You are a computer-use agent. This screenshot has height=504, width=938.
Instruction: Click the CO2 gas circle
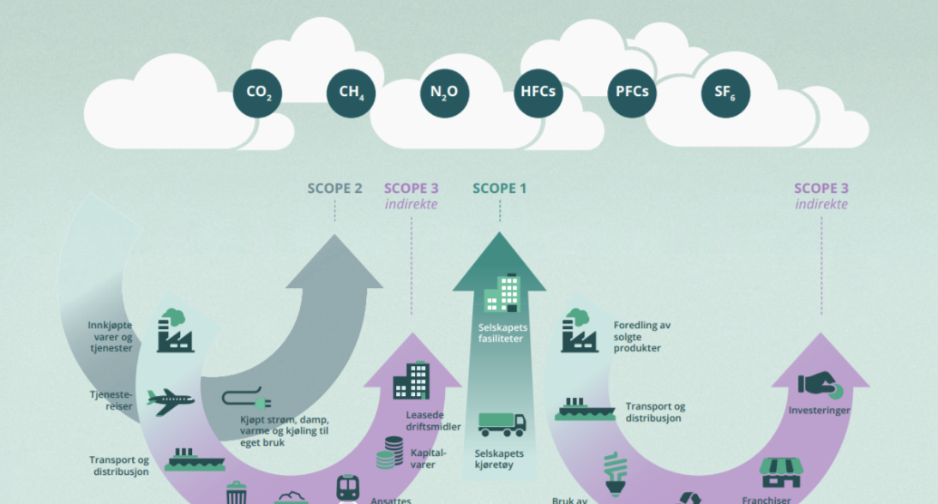pyautogui.click(x=258, y=93)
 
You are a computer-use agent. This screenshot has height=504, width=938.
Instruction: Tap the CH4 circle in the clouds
pyautogui.click(x=351, y=93)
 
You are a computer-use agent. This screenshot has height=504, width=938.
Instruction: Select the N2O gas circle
pyautogui.click(x=444, y=93)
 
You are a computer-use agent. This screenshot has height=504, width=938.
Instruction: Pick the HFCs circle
pyautogui.click(x=538, y=93)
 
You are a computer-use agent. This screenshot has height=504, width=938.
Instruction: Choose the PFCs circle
pyautogui.click(x=632, y=93)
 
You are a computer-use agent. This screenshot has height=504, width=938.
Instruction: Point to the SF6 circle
pyautogui.click(x=725, y=93)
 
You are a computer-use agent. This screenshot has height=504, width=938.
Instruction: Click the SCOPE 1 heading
pyautogui.click(x=500, y=189)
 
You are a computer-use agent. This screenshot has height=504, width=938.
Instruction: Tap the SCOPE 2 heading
pyautogui.click(x=334, y=189)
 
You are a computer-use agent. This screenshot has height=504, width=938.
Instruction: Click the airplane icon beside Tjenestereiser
pyautogui.click(x=170, y=399)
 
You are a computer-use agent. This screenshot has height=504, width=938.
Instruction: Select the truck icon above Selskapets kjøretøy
pyautogui.click(x=502, y=423)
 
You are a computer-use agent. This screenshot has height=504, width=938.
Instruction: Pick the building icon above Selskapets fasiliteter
pyautogui.click(x=502, y=293)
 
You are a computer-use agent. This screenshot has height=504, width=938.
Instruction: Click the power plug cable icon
pyautogui.click(x=246, y=399)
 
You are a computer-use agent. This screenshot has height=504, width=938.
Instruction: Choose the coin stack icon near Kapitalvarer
pyautogui.click(x=391, y=453)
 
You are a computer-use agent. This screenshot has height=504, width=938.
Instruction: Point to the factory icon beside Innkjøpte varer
pyautogui.click(x=175, y=332)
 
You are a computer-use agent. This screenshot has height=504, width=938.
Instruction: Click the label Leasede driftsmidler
pyautogui.click(x=433, y=421)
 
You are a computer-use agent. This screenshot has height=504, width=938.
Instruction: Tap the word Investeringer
pyautogui.click(x=819, y=411)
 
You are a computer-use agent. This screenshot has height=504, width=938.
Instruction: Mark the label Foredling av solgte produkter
pyautogui.click(x=642, y=337)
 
